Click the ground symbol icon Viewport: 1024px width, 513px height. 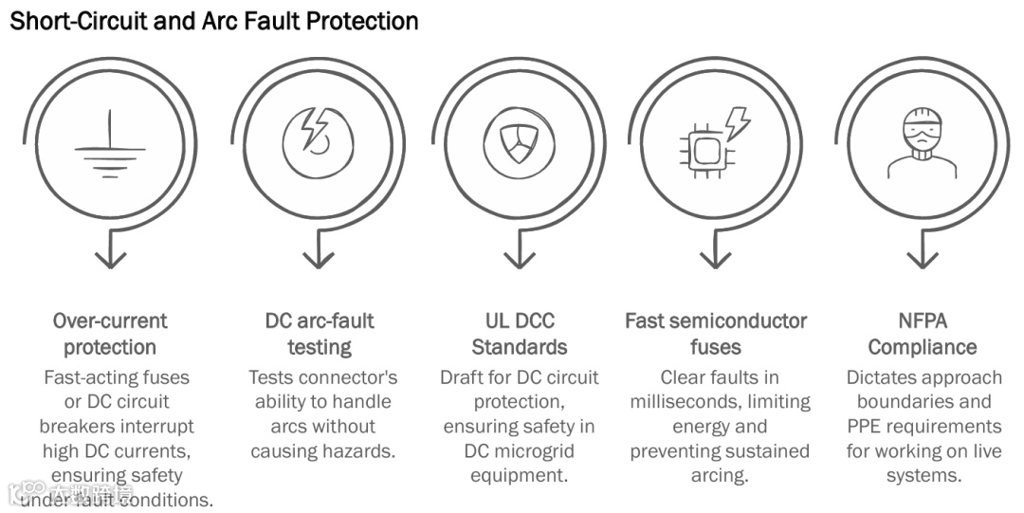tap(110, 147)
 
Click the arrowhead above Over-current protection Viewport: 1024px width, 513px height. tap(112, 257)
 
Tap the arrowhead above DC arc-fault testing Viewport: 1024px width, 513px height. tap(318, 257)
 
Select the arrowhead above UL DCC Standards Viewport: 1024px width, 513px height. tap(518, 257)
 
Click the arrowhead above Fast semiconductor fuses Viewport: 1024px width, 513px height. tap(716, 257)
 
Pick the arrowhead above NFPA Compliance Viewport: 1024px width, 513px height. tap(922, 257)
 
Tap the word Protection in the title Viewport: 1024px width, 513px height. tap(360, 21)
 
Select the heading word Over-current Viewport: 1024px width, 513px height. tap(110, 321)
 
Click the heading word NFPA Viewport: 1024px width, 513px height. tap(923, 321)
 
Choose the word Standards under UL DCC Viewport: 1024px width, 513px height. tap(520, 346)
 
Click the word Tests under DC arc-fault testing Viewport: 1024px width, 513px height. tap(273, 377)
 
